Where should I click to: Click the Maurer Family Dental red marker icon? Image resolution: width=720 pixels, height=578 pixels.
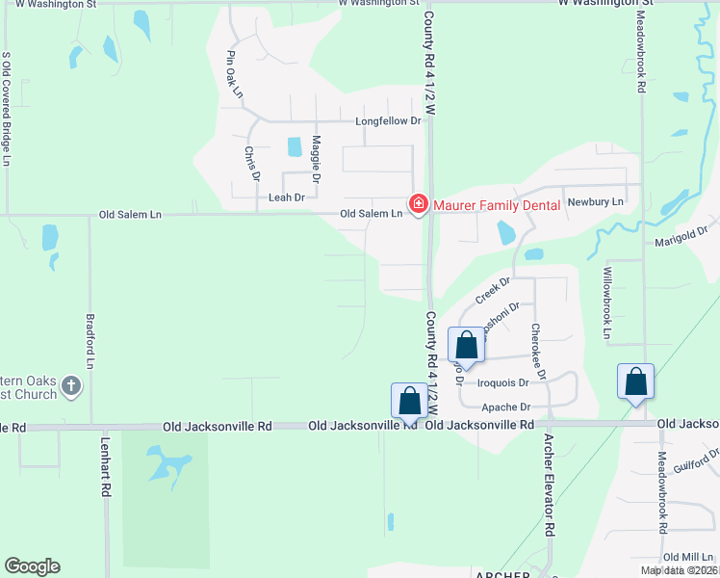click(419, 204)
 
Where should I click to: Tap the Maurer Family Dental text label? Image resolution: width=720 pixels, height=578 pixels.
click(497, 204)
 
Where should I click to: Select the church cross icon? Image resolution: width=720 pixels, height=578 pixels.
click(70, 385)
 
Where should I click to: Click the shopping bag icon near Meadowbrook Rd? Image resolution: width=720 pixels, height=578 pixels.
click(636, 381)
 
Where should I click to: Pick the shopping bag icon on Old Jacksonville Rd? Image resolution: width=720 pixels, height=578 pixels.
click(409, 401)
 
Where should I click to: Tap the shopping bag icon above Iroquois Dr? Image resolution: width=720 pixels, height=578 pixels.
click(467, 347)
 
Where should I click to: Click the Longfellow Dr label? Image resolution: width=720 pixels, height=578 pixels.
click(389, 121)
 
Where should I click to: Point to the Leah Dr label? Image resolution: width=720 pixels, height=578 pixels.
click(286, 197)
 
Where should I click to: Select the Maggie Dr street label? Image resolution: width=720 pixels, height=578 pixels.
click(315, 159)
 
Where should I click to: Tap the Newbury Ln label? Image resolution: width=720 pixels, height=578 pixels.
click(596, 202)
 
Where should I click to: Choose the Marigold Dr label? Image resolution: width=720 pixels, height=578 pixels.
click(681, 237)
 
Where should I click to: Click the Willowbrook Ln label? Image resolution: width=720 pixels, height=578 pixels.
click(607, 303)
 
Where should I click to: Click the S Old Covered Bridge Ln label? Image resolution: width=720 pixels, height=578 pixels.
click(7, 109)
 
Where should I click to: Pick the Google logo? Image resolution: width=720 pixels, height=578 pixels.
click(32, 566)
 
